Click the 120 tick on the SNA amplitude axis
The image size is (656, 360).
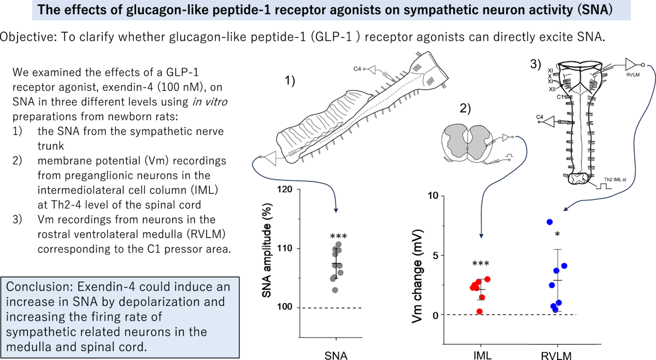click(285, 190)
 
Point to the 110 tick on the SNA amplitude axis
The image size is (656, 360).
click(285, 248)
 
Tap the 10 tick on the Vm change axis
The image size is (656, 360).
click(433, 196)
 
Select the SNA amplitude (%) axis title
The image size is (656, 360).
click(267, 251)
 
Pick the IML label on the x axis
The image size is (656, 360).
click(482, 355)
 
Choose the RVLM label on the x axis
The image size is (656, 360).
click(556, 356)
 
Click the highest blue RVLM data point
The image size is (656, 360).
click(549, 222)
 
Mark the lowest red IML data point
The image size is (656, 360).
click(479, 311)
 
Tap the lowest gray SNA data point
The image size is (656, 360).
click(335, 290)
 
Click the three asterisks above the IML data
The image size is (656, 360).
click(481, 264)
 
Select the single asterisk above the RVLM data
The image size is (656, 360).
click(557, 234)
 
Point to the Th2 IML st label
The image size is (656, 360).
click(614, 179)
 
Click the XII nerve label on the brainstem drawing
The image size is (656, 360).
click(552, 89)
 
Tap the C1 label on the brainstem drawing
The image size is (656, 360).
click(560, 97)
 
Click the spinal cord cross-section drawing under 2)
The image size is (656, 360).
click(467, 144)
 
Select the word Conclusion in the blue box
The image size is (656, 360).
click(39, 287)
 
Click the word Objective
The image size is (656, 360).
click(28, 37)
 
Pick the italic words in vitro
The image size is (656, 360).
click(210, 102)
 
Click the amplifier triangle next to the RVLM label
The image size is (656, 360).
click(630, 64)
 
